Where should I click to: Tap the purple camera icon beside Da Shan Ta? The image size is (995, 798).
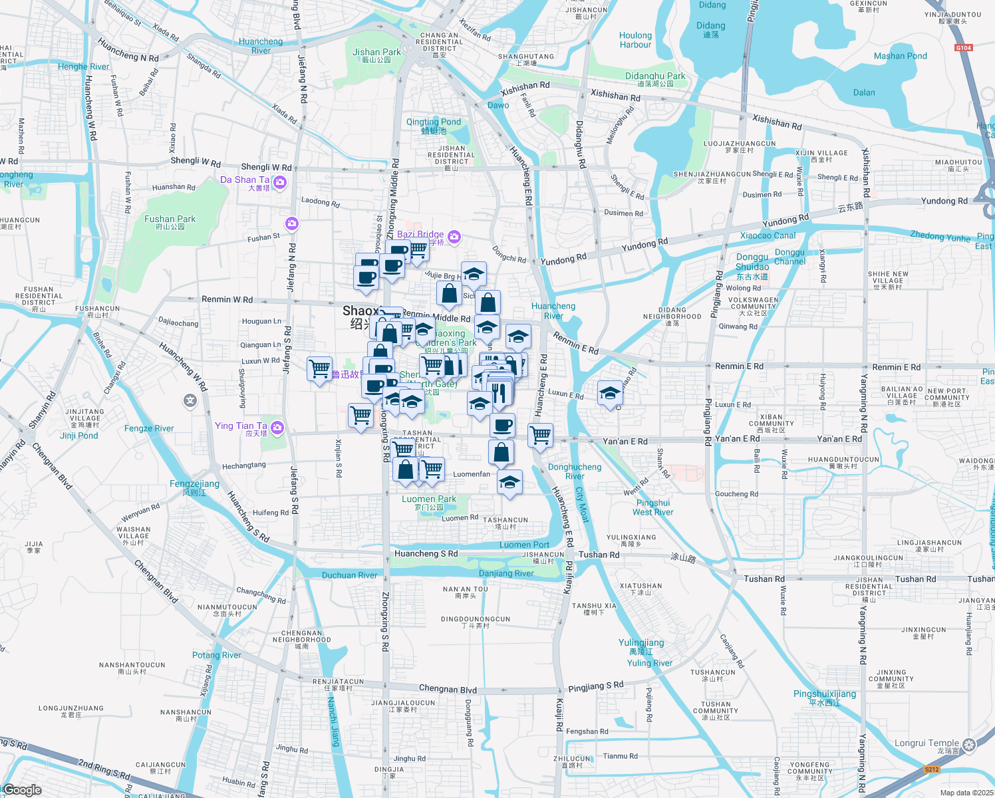[280, 182]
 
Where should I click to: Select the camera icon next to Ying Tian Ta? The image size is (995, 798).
[277, 428]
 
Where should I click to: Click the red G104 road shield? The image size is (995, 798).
[963, 48]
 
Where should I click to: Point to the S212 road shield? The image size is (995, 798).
[932, 769]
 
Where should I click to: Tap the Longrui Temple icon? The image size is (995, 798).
[969, 744]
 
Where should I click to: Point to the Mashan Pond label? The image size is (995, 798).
[900, 57]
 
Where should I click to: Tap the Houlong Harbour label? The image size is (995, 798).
[635, 40]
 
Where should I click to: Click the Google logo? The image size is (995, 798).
[23, 790]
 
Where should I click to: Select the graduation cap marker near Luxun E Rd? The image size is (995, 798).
[610, 393]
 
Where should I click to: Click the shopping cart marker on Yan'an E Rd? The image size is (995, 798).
[541, 436]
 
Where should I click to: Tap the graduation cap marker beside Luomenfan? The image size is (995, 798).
[509, 482]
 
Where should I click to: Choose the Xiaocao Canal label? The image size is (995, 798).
[768, 235]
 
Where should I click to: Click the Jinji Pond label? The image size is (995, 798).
[79, 436]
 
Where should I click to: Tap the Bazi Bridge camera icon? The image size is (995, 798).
[454, 236]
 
